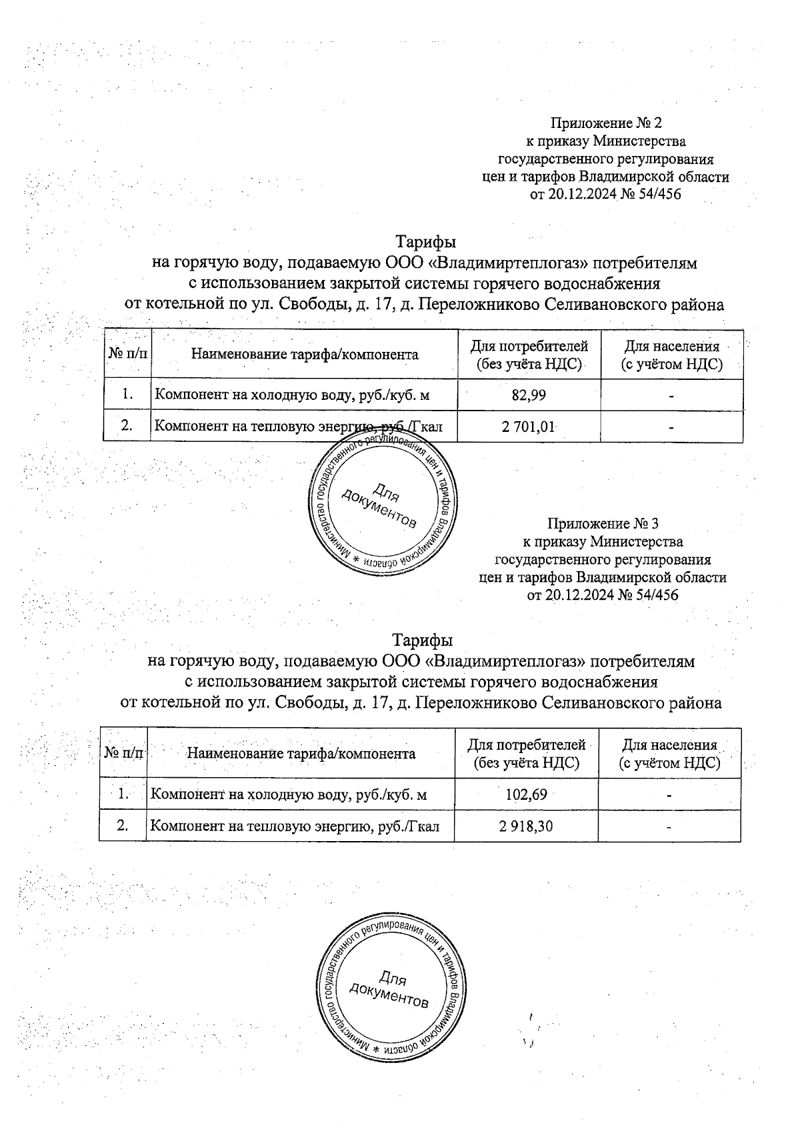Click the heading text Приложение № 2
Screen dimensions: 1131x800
(605, 123)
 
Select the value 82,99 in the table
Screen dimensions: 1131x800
(529, 395)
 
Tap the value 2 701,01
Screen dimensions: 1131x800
(529, 427)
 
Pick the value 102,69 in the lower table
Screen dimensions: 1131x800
(526, 794)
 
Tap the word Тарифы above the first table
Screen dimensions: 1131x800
(426, 240)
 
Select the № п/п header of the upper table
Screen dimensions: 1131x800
(127, 354)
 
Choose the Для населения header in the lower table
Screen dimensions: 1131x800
(669, 754)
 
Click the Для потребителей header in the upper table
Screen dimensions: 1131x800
(529, 355)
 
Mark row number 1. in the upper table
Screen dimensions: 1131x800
(127, 395)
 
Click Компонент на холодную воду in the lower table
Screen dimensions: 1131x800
(288, 794)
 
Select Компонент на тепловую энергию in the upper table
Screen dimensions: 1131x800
(298, 427)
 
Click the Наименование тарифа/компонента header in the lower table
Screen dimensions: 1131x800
(301, 754)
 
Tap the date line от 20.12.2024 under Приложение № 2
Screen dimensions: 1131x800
(605, 195)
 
